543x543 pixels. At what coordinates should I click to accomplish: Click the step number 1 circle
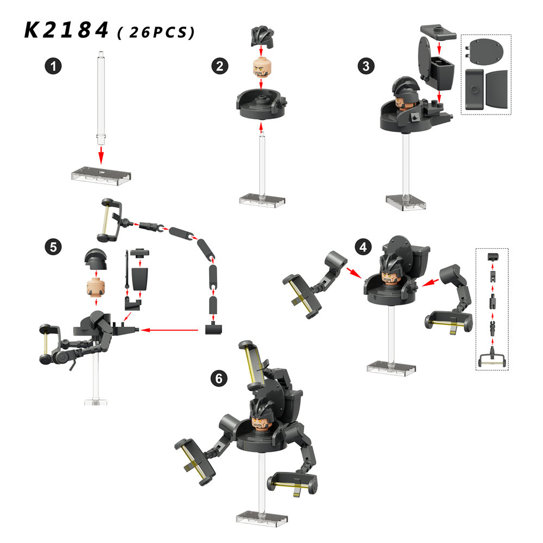point(53,66)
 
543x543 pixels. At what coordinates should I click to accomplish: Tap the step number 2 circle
point(220,66)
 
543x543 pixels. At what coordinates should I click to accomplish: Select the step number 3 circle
point(366,66)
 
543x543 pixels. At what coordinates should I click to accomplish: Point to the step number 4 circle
point(363,247)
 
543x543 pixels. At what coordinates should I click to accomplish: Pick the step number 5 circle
point(53,247)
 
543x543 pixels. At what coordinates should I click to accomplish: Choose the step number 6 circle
point(219,378)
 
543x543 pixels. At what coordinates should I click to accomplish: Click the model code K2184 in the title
point(66,30)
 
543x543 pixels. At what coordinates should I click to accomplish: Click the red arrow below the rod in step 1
point(101,155)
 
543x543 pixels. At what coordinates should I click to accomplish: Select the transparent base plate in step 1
point(101,175)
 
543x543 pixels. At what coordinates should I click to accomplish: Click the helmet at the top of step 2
point(262,36)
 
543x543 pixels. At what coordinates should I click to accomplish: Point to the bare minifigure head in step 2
point(262,67)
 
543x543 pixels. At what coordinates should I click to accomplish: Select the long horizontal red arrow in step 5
point(169,330)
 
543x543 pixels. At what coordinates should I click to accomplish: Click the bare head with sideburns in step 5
point(96,287)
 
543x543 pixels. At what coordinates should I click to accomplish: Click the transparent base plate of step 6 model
point(262,519)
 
